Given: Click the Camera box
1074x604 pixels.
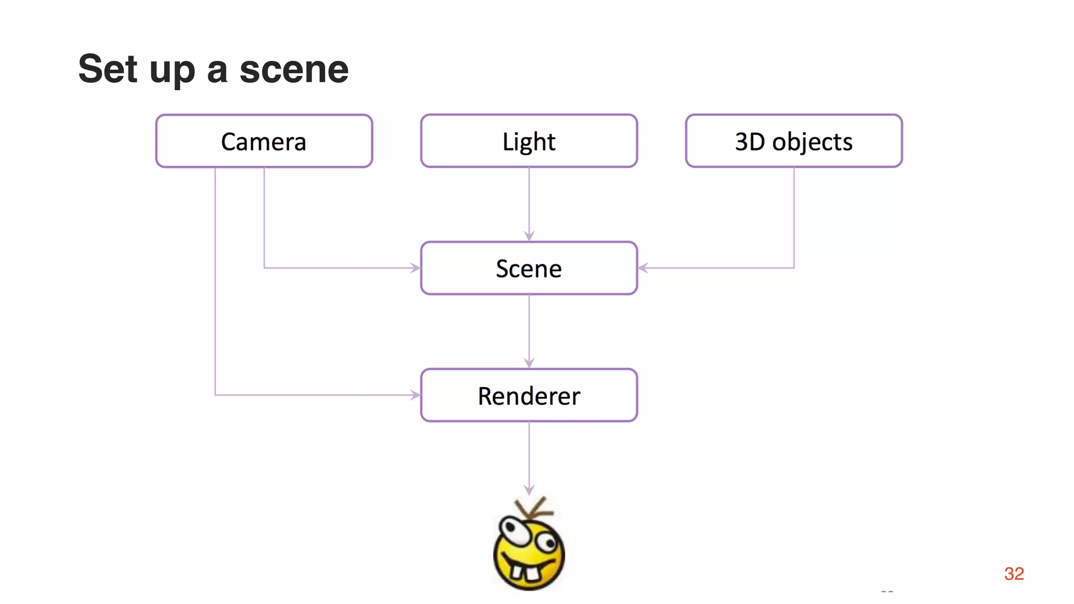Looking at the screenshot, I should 264,141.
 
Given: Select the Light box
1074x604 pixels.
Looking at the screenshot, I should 529,141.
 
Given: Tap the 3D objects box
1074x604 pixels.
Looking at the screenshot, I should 793,141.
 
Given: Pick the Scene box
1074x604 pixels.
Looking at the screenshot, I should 529,268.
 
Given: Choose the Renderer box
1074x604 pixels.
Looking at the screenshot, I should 529,395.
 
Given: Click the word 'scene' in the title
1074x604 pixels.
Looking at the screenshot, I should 294,69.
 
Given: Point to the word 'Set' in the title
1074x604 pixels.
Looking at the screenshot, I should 108,69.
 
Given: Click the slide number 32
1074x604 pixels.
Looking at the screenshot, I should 1014,574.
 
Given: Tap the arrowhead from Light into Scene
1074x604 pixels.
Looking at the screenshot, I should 529,236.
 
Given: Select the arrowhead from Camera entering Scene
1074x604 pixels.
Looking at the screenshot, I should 415,268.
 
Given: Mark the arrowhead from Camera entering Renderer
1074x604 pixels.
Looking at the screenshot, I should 415,395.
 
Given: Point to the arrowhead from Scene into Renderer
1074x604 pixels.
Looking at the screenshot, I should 529,363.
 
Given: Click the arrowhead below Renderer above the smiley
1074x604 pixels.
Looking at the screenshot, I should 529,490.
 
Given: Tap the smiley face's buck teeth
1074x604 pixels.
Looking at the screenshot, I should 525,572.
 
